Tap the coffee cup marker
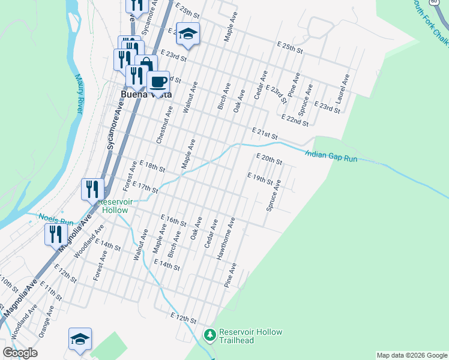[x=158, y=81]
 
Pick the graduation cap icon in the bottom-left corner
[x=80, y=338]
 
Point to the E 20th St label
[x=269, y=160]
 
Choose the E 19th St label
[x=261, y=178]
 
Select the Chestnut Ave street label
[x=164, y=125]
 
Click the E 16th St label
[x=173, y=220]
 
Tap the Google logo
[x=20, y=353]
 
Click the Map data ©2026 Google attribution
[x=411, y=355]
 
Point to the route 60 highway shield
[x=433, y=2]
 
